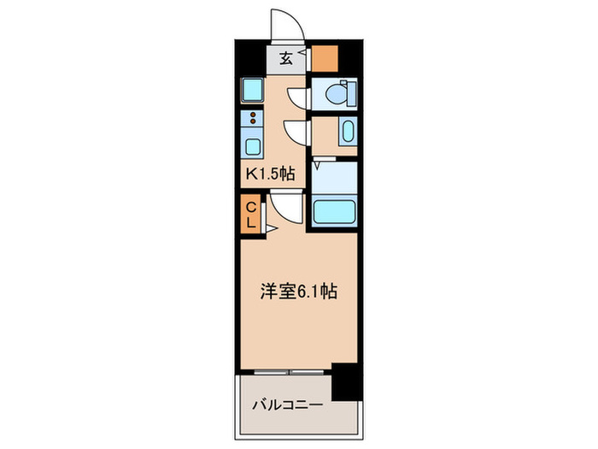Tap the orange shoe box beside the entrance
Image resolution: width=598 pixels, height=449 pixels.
324,58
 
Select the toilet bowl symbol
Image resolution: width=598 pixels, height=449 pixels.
337,92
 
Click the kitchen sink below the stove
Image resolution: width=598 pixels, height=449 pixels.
253,144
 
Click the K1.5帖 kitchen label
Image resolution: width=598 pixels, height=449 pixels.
271,174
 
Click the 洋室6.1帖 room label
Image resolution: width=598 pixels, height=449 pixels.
298,292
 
